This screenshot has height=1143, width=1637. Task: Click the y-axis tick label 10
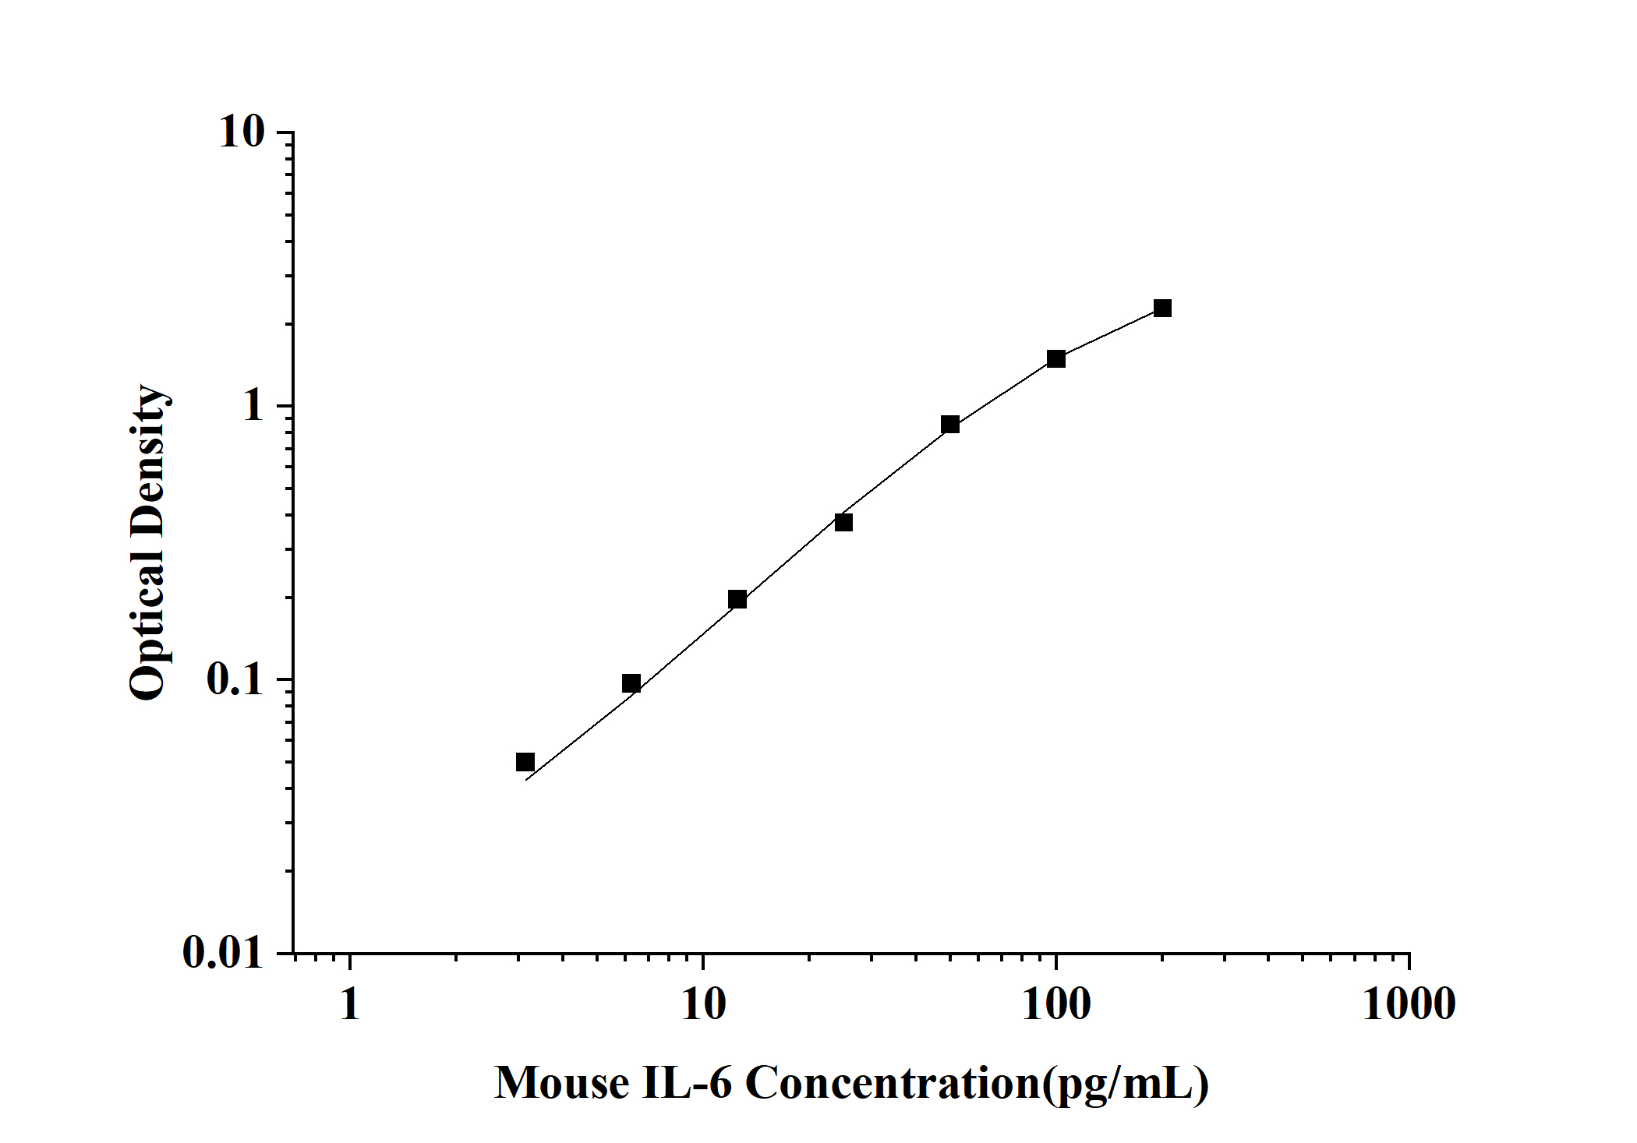(x=242, y=133)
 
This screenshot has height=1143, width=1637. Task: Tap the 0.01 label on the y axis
(x=223, y=952)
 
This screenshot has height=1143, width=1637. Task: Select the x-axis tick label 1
(x=350, y=1005)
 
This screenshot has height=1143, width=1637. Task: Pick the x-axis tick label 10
(x=703, y=1005)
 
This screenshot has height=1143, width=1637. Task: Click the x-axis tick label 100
(x=1056, y=1005)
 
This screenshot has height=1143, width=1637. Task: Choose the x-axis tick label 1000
(x=1409, y=1005)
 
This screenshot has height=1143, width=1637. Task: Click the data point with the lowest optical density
(x=525, y=762)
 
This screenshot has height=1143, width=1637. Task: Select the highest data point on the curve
(x=1162, y=308)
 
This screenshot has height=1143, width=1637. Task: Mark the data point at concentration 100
(x=1056, y=358)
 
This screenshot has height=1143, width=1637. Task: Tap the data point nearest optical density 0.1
(x=631, y=683)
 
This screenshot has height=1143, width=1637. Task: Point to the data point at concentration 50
(x=949, y=425)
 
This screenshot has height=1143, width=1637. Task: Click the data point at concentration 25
(x=843, y=522)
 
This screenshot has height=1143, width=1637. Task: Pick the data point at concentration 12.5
(x=737, y=599)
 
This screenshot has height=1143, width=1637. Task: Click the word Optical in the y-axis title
(x=148, y=624)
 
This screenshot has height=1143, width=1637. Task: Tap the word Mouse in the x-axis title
(x=562, y=1083)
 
